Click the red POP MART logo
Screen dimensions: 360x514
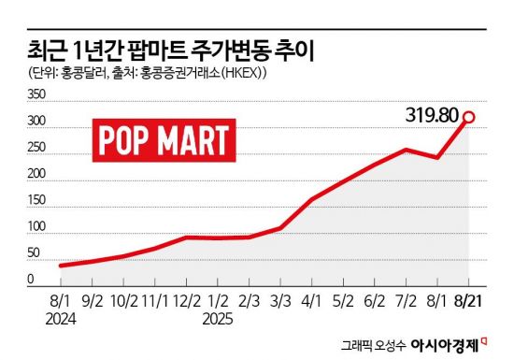[x=164, y=139]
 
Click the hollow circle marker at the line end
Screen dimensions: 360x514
[x=470, y=118]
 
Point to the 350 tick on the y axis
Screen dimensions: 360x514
[x=36, y=94]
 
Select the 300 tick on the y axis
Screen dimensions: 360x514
[x=36, y=122]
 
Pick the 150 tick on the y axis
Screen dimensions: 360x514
[x=36, y=201]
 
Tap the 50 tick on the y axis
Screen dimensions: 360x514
[x=34, y=253]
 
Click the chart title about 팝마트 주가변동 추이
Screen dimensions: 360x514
[x=174, y=49]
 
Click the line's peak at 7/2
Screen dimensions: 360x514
[x=406, y=150]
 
